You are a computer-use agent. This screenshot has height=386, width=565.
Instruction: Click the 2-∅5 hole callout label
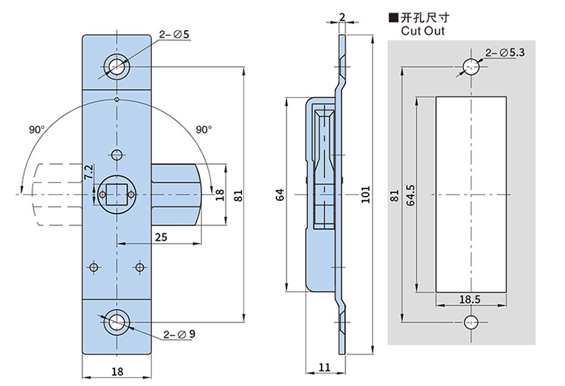click(x=175, y=34)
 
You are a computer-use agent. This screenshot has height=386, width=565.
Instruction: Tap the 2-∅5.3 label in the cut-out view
click(x=505, y=52)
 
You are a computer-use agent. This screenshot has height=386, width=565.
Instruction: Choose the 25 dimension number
click(x=159, y=236)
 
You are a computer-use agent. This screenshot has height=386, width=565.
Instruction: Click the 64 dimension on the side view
click(x=280, y=194)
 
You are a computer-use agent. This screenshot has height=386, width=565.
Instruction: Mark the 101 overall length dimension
click(x=367, y=195)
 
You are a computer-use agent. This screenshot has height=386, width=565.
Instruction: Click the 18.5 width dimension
click(x=469, y=300)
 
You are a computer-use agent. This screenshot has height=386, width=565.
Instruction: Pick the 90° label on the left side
click(x=38, y=129)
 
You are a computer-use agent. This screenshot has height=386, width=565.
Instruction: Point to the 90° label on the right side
click(x=204, y=129)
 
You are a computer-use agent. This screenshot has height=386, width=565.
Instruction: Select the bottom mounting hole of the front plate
click(x=116, y=321)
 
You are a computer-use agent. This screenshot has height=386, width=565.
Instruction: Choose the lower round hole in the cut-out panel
click(x=471, y=322)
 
